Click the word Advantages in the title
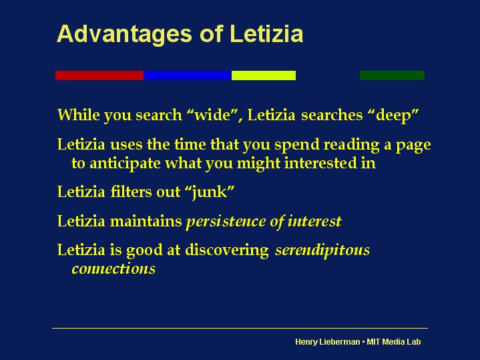(124, 35)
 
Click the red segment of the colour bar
(99, 75)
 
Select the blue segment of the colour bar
(188, 75)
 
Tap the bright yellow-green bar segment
(264, 75)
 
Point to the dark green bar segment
(392, 75)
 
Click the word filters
(130, 192)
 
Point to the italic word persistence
(226, 222)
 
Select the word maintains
(146, 221)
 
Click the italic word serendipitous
(322, 250)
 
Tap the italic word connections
(113, 268)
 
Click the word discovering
(227, 250)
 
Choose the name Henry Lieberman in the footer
(328, 342)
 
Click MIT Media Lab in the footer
(394, 341)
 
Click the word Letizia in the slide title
(266, 33)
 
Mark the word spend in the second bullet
(297, 145)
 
